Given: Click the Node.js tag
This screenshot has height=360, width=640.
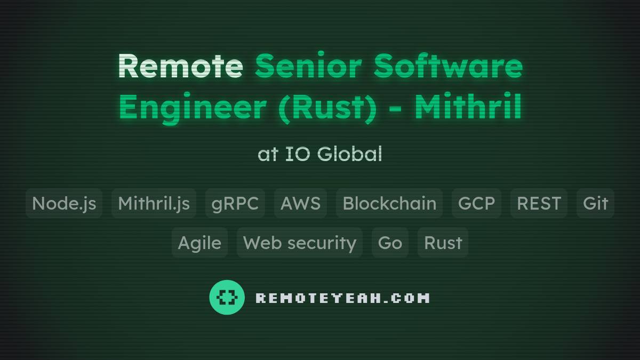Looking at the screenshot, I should pyautogui.click(x=64, y=203).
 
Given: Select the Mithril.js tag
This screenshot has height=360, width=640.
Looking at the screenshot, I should pyautogui.click(x=154, y=203).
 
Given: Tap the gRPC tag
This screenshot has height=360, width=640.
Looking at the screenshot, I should pyautogui.click(x=235, y=203).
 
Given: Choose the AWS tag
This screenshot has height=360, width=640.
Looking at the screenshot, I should pyautogui.click(x=300, y=203).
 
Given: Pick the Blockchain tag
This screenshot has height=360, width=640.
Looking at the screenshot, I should pyautogui.click(x=389, y=203).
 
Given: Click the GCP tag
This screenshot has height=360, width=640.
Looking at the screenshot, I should pyautogui.click(x=476, y=203).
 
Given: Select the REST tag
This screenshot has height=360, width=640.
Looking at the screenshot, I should pyautogui.click(x=539, y=203).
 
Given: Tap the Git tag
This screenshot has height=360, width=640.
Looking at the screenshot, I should pyautogui.click(x=595, y=203).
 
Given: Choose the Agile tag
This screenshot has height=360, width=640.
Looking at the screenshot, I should pyautogui.click(x=199, y=243).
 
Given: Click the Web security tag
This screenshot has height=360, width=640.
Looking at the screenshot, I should pyautogui.click(x=300, y=243).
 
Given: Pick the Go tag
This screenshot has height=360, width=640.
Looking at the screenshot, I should pyautogui.click(x=390, y=243).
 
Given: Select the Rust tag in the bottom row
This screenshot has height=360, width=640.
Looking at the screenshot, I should pyautogui.click(x=443, y=243).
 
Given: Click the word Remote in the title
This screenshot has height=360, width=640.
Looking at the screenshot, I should pyautogui.click(x=180, y=66).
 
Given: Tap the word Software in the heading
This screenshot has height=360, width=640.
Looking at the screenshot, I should pyautogui.click(x=447, y=66).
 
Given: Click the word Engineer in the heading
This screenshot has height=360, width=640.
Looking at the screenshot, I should pyautogui.click(x=192, y=107).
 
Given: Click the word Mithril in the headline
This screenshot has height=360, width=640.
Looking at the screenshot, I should pyautogui.click(x=468, y=107).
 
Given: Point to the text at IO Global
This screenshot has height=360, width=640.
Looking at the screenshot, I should pyautogui.click(x=320, y=154).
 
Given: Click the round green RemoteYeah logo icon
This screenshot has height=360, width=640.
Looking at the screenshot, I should pyautogui.click(x=227, y=297).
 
